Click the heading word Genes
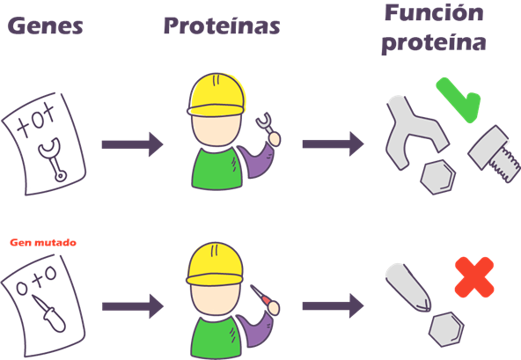45,26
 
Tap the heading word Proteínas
222,26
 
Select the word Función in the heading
434,13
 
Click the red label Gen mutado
43,242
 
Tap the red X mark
474,277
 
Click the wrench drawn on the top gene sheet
53,159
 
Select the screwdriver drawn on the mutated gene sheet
49,312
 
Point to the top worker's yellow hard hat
216,94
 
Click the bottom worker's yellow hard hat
215,264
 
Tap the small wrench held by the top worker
268,129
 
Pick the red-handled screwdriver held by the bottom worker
265,299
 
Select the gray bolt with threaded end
495,153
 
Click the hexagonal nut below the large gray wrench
438,177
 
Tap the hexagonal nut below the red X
446,329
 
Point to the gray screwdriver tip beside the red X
408,288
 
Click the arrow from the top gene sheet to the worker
133,144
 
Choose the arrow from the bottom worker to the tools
333,305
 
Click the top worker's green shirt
216,170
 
